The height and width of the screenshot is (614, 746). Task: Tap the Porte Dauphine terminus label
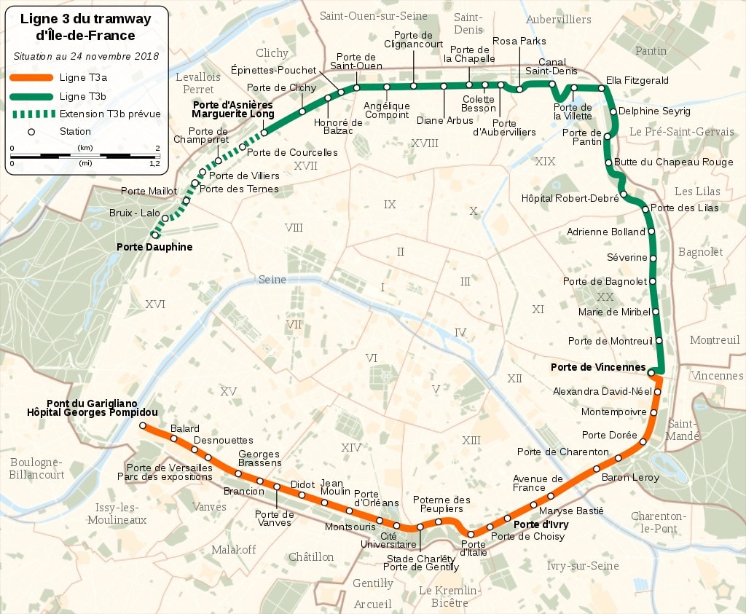click(x=154, y=247)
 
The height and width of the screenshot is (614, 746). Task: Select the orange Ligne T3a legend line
click(x=31, y=78)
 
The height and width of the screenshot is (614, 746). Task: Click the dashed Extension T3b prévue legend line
click(x=31, y=114)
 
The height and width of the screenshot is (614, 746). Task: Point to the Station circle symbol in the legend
click(x=31, y=132)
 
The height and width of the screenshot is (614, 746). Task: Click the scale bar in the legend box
click(x=85, y=155)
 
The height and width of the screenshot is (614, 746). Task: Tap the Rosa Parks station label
click(x=519, y=42)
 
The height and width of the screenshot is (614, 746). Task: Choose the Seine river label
click(x=272, y=280)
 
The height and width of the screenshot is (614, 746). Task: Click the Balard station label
click(x=184, y=429)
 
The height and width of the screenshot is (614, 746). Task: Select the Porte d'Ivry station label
click(x=541, y=524)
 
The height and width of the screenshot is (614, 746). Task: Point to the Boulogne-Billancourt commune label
click(x=36, y=468)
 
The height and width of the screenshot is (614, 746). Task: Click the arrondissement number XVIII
click(x=425, y=143)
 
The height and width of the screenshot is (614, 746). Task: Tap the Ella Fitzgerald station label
click(x=637, y=80)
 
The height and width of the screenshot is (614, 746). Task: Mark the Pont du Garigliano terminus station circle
click(x=143, y=425)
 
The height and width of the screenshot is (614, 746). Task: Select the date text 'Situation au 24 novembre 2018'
click(x=86, y=56)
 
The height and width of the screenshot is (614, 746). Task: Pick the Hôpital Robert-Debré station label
click(x=570, y=198)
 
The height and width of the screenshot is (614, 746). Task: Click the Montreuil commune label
click(x=715, y=340)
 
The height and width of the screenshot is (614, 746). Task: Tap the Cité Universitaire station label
click(x=388, y=539)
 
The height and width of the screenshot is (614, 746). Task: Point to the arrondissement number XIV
click(x=351, y=447)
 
